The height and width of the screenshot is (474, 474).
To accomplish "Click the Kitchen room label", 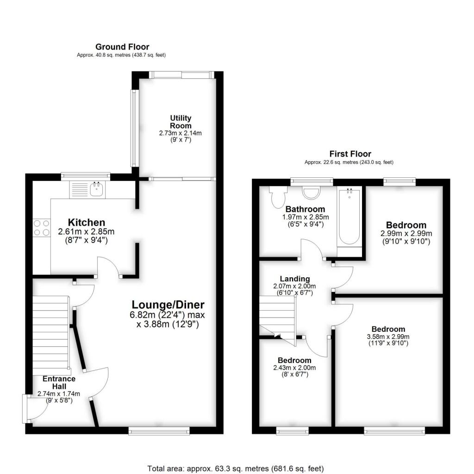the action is point(87,223).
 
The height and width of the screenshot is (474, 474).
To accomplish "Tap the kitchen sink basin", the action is point(97,190).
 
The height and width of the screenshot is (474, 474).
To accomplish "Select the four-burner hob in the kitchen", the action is point(42,228).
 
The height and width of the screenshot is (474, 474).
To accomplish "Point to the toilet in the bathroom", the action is point(278,197).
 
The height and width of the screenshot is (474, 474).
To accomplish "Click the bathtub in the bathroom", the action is point(349,217).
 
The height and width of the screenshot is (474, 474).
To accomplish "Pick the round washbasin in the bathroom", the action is point(312,193).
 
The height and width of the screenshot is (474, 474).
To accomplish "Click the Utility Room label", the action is point(181,122).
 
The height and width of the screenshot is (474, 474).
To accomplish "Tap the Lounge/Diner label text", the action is point(168,305).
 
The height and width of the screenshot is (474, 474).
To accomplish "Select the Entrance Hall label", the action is point(59,382).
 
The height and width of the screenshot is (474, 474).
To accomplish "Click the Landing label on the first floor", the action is point(295,279).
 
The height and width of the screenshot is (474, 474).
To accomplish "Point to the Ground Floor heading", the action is point(122,47).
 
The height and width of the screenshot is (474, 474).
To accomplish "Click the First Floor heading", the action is point(350,154).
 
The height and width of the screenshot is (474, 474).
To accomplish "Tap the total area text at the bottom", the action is point(236,468).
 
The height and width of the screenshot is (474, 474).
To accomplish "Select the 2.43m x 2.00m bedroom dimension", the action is point(294,368).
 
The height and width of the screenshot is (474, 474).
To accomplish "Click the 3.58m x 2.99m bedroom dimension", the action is point(388,337).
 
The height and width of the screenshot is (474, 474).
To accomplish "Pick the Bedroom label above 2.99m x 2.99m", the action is point(406,225).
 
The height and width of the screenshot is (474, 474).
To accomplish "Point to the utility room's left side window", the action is point(134,128).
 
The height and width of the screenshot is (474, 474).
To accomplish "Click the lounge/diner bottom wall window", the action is point(159,431).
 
